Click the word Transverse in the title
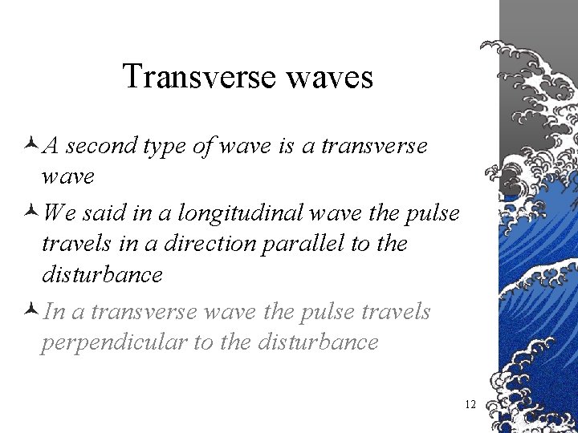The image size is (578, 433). point(193,77)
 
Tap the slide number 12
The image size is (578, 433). point(470,404)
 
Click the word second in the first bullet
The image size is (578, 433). point(101,146)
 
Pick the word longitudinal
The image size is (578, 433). point(238,213)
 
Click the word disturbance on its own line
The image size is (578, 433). point(102,275)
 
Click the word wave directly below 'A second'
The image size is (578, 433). point(68,176)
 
